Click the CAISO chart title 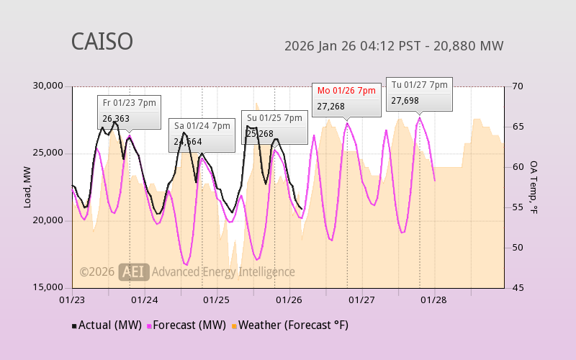[x=102, y=42]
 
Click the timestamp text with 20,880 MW [x=394, y=46]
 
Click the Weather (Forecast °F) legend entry [x=289, y=325]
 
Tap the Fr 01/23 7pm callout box [x=129, y=112]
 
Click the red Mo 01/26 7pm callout [x=346, y=99]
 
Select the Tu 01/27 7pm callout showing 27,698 [x=419, y=93]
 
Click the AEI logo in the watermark [x=134, y=271]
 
